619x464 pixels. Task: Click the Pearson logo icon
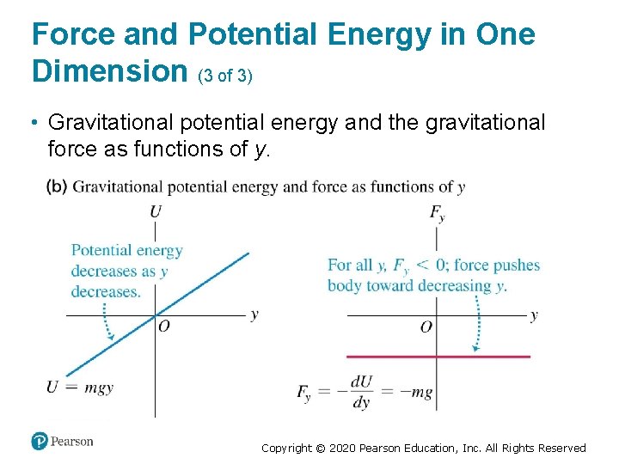click(x=40, y=442)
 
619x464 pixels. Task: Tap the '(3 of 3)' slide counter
click(x=225, y=76)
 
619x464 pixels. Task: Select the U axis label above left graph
click(x=155, y=211)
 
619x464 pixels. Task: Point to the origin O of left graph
click(x=163, y=325)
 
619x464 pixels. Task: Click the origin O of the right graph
click(x=426, y=327)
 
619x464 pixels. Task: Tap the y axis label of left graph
click(x=254, y=314)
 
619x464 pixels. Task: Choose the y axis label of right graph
click(x=534, y=314)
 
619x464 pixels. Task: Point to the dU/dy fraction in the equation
click(x=361, y=392)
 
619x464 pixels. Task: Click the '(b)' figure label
click(x=57, y=186)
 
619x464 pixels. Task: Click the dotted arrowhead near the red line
click(x=475, y=349)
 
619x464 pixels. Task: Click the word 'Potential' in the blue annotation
click(x=101, y=251)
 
